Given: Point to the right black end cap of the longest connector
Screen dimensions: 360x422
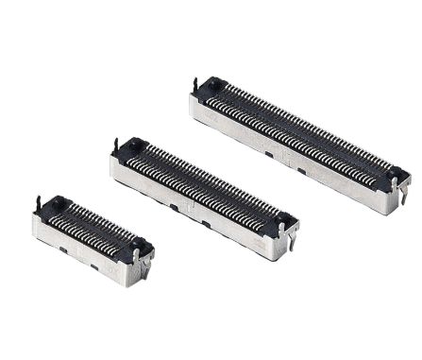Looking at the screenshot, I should coord(396,178).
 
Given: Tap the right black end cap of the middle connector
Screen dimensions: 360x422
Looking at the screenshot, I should coord(283,222).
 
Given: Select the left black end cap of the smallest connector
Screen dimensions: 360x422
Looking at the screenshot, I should coord(53,203).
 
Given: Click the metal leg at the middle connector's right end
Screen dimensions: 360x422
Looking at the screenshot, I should coord(292,244).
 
